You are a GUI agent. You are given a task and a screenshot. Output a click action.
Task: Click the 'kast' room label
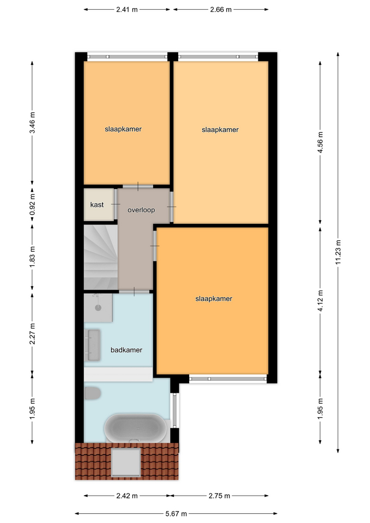97,204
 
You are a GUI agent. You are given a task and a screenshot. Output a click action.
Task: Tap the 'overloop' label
141,210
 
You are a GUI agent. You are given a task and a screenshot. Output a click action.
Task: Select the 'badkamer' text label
126,350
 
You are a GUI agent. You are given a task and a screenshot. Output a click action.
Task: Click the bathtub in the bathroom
135,428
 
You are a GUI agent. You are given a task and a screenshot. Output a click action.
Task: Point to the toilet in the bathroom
92,393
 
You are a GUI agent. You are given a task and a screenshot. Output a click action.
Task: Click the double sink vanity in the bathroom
93,345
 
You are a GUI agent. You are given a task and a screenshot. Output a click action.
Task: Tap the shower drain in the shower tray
98,307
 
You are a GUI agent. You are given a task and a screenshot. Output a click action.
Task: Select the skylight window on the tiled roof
126,463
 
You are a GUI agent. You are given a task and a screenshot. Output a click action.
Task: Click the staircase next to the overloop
101,257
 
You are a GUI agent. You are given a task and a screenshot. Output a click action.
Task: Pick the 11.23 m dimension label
338,252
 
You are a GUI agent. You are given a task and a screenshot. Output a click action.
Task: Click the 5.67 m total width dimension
176,514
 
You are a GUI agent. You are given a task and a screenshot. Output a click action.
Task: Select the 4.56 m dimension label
320,142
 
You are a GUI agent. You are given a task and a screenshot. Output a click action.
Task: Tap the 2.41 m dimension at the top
127,9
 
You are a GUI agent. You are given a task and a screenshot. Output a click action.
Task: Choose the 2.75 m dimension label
219,496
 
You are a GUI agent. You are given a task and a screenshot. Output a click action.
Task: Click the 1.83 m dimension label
32,257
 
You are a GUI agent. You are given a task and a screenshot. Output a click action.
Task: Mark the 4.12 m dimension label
320,301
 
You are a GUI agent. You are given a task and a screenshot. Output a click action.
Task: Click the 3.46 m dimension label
32,123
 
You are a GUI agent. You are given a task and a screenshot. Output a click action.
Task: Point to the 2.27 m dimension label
32,334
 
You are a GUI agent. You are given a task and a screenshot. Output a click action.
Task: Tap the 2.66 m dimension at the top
221,9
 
